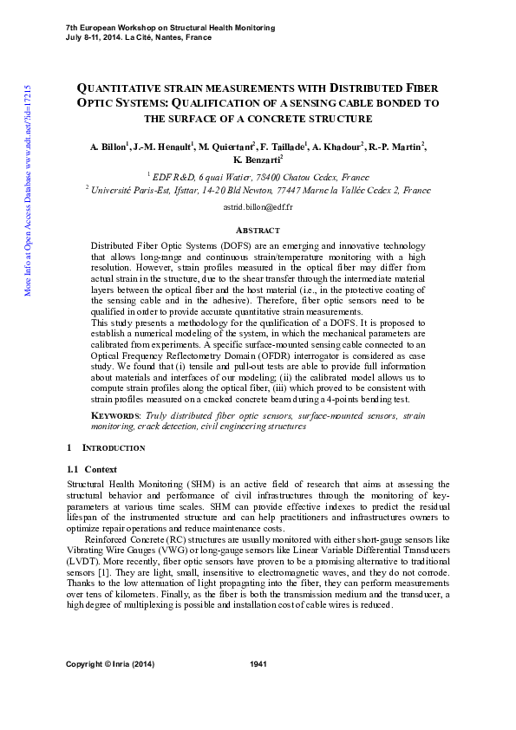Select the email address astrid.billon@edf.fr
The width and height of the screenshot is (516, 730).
258,209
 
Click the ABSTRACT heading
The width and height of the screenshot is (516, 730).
258,230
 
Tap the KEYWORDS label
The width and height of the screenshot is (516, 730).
114,417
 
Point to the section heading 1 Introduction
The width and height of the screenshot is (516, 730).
106,448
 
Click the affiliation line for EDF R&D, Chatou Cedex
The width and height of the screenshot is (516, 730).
258,175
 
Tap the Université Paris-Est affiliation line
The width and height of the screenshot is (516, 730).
258,189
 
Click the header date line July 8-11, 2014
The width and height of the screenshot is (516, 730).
139,37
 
